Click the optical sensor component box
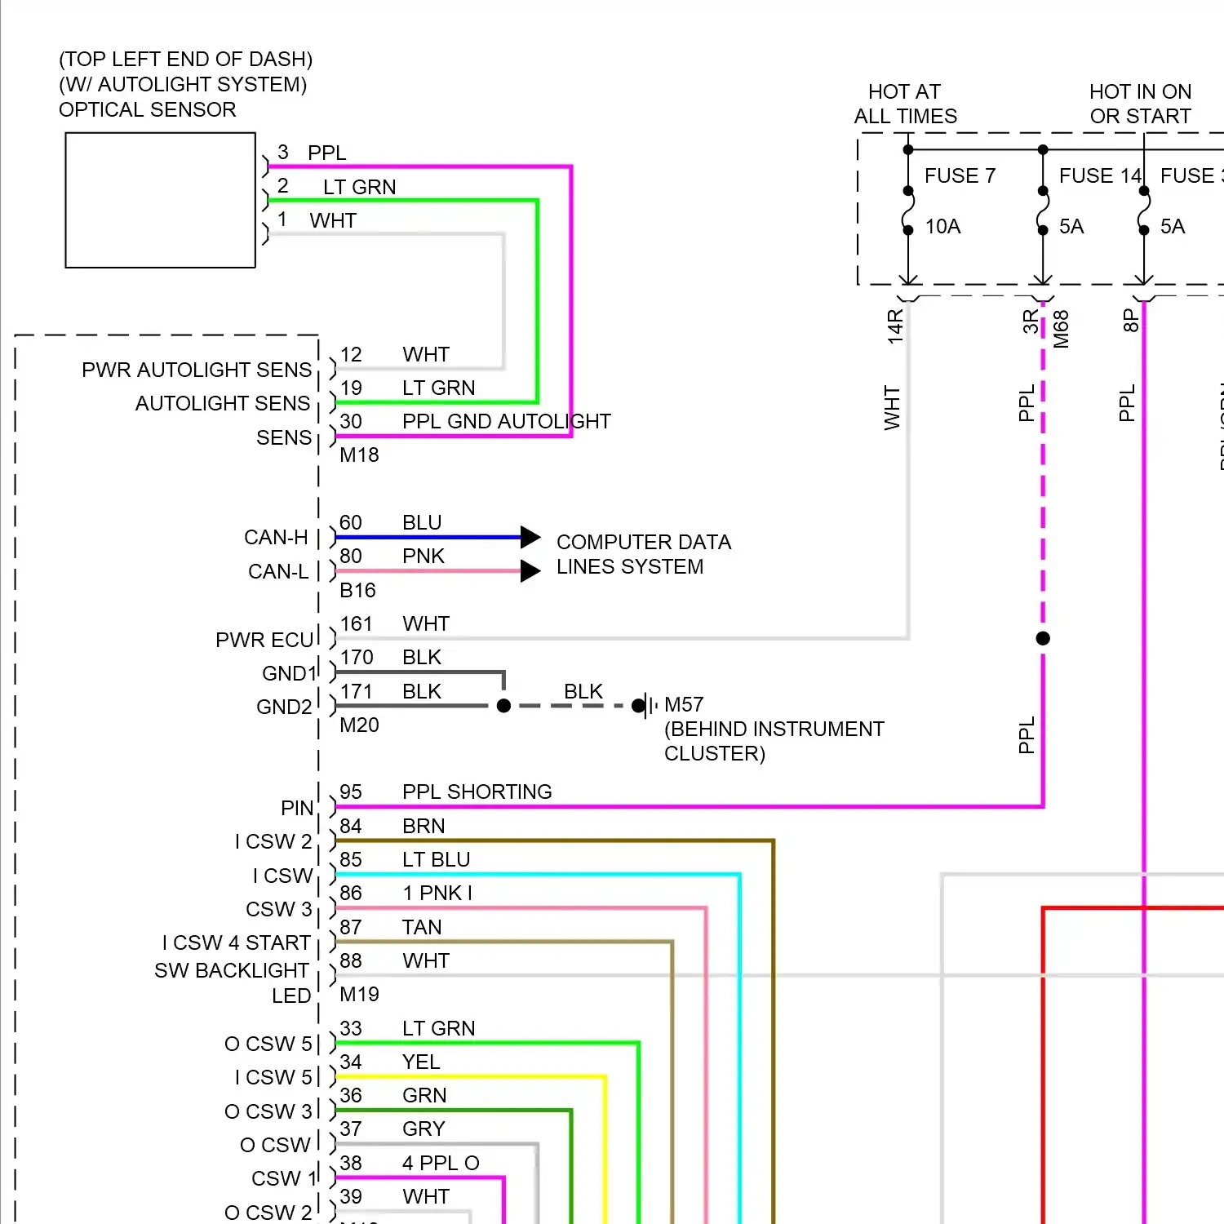pos(160,200)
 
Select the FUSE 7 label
pos(960,175)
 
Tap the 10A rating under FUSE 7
pos(942,226)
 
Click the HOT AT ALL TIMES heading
pos(905,104)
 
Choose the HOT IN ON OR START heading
pos(1140,104)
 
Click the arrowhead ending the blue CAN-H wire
pos(530,537)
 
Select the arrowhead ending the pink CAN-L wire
pos(530,570)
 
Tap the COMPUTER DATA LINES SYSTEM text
pos(643,554)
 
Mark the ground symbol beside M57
pos(648,705)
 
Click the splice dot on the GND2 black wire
pos(503,705)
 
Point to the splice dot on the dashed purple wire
pos(1043,638)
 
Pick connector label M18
pos(359,455)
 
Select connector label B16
pos(357,590)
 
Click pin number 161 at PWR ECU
pos(356,624)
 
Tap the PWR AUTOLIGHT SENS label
pos(197,370)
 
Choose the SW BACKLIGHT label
pos(231,970)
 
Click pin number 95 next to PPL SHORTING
pos(351,792)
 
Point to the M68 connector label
pos(1061,329)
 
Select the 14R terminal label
pos(895,326)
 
